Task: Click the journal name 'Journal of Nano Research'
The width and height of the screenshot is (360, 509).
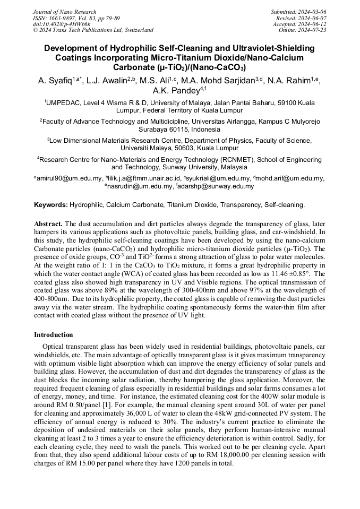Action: click(64, 12)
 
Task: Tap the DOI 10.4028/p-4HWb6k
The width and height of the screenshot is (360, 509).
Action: click(61, 24)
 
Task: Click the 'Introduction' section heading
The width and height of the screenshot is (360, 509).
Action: click(53, 335)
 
